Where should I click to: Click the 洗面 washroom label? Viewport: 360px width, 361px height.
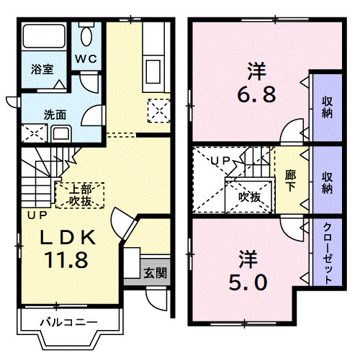pyautogui.click(x=35, y=113)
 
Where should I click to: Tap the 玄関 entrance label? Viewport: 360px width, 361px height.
pyautogui.click(x=155, y=273)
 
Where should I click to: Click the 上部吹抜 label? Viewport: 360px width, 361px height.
pyautogui.click(x=79, y=195)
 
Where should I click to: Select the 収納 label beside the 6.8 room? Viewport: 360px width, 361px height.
pyautogui.click(x=327, y=107)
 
